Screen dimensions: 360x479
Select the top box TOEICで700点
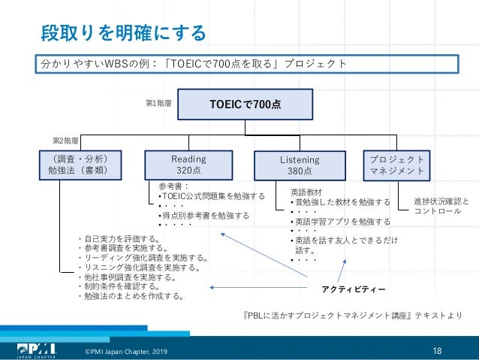click(x=245, y=104)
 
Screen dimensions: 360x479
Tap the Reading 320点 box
click(x=188, y=165)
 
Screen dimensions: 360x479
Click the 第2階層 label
click(x=66, y=141)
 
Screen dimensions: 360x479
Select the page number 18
click(x=438, y=350)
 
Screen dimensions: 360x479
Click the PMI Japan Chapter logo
click(x=35, y=350)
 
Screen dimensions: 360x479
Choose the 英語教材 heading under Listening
click(x=306, y=192)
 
